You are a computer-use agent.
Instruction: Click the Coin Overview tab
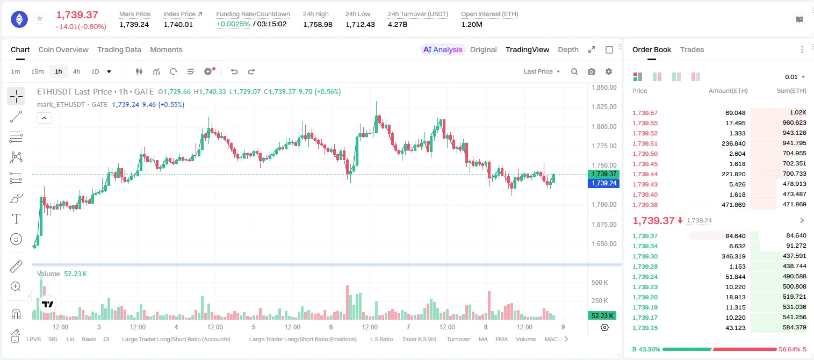[63, 49]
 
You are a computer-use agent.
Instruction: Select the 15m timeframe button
[38, 71]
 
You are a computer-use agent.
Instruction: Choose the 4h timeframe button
[76, 71]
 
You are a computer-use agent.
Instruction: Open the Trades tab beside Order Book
[692, 49]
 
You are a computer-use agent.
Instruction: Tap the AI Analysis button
[443, 49]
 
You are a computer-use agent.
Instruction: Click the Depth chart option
[568, 49]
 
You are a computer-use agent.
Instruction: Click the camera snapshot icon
[592, 71]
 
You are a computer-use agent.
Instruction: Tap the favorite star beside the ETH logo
[40, 18]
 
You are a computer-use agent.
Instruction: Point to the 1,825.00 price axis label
[604, 107]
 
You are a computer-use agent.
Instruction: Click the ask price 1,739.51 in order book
[645, 143]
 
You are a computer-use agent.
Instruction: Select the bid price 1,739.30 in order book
[645, 256]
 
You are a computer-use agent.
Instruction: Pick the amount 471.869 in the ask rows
[733, 205]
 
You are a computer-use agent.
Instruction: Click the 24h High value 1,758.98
[318, 24]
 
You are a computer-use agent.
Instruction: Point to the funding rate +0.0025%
[233, 24]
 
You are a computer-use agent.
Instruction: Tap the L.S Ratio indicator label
[381, 339]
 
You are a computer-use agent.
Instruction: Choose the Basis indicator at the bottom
[89, 339]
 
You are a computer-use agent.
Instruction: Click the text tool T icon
[16, 219]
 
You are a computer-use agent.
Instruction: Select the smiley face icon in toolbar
[16, 239]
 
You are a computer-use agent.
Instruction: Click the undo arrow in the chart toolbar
[234, 71]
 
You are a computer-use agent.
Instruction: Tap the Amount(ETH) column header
[728, 91]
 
